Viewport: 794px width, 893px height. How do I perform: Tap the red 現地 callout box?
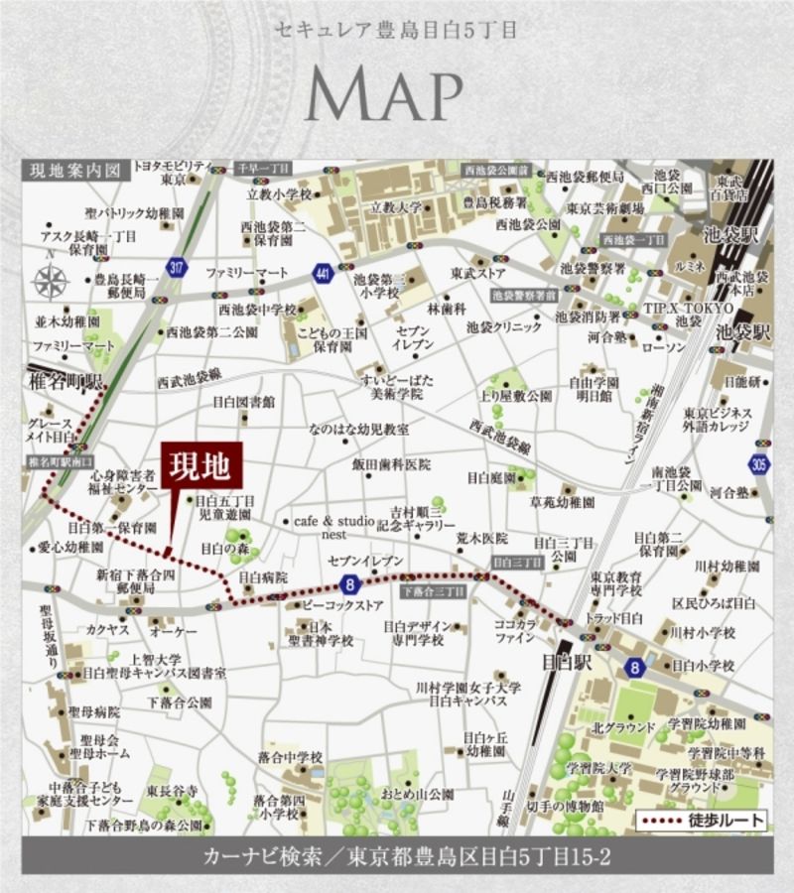coord(201,464)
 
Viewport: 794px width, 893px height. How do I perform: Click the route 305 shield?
coord(760,464)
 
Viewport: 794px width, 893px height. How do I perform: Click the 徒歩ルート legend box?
coord(704,821)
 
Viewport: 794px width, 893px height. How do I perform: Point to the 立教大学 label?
coord(396,207)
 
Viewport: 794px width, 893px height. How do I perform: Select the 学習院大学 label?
coord(599,767)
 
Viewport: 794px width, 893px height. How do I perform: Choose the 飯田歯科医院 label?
coord(390,464)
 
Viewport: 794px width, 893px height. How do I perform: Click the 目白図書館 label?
coord(244,402)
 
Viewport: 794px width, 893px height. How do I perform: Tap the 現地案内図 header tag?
coord(75,171)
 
